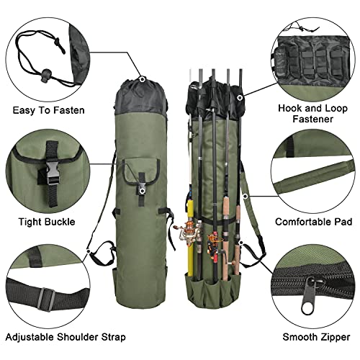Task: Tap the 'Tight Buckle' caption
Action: pos(45,222)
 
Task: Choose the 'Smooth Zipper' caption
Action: pos(313,336)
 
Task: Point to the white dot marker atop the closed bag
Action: pos(143,79)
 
